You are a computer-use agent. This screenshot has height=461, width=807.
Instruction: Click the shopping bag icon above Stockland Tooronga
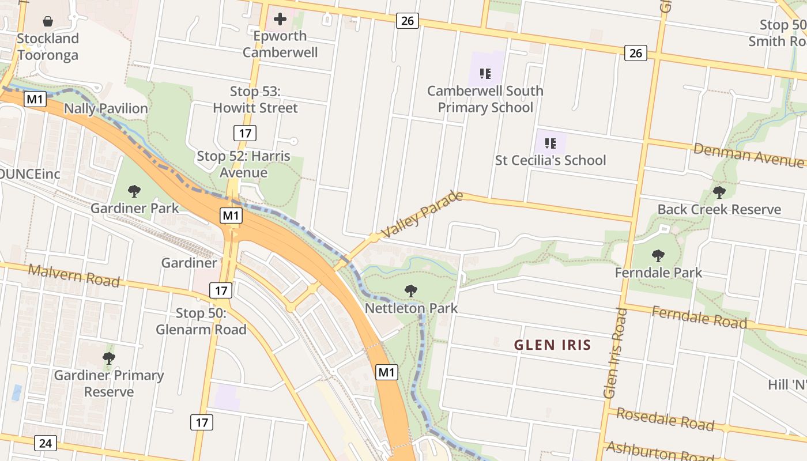(x=48, y=22)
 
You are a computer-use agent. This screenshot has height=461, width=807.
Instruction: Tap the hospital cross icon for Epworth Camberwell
(x=280, y=20)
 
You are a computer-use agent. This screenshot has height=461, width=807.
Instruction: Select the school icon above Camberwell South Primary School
(x=485, y=73)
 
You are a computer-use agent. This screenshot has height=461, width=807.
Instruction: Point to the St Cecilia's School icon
(x=550, y=143)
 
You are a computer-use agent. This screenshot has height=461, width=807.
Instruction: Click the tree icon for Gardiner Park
(x=134, y=191)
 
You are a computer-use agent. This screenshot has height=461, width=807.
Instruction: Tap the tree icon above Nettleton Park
(x=411, y=291)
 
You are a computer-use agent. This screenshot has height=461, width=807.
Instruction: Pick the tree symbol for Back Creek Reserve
(x=719, y=192)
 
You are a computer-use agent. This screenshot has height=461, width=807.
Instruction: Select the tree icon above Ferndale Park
(x=658, y=255)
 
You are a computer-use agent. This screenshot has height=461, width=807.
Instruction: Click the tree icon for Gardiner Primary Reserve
(x=109, y=358)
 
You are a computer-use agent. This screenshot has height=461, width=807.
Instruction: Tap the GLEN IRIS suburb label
(x=553, y=345)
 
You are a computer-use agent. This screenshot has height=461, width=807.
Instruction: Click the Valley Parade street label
(x=423, y=214)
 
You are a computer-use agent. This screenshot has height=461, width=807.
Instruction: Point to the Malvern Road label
(x=74, y=275)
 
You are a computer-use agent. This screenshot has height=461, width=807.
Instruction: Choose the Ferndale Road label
(x=699, y=318)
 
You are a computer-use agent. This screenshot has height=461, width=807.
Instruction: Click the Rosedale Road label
(x=665, y=418)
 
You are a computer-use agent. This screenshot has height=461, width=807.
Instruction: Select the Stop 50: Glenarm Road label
(x=201, y=322)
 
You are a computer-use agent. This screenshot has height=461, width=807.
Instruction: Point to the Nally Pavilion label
(x=106, y=108)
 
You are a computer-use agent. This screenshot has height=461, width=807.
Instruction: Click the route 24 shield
(x=46, y=443)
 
